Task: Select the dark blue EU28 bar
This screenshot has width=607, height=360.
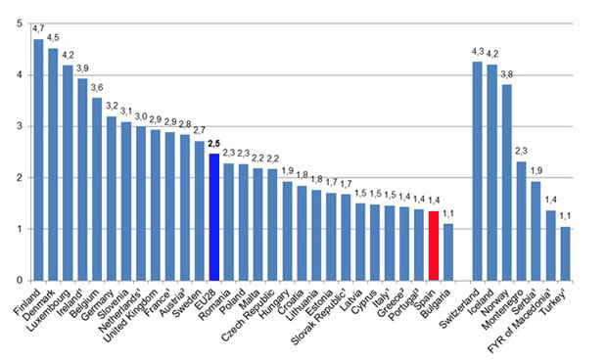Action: click(x=213, y=216)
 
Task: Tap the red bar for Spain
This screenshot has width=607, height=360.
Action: click(x=434, y=246)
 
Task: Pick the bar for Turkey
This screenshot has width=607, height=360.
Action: click(x=564, y=253)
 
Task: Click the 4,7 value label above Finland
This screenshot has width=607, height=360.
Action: click(x=38, y=30)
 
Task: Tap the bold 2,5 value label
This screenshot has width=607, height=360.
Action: click(x=213, y=144)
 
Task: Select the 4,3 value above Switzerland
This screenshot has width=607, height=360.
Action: click(x=477, y=51)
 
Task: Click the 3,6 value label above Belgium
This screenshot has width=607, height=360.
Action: click(x=97, y=87)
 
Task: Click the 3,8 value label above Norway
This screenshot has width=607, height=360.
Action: click(x=506, y=74)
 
